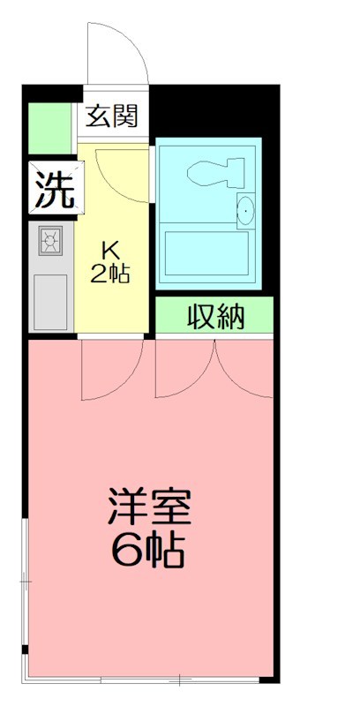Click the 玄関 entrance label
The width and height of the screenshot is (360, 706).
(113, 116)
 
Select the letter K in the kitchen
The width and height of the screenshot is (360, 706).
(111, 252)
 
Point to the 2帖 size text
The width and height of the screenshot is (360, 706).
(111, 274)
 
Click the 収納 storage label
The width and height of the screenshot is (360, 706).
(215, 316)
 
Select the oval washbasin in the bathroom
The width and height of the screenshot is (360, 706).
(246, 210)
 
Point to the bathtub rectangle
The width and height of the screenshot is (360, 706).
(208, 256)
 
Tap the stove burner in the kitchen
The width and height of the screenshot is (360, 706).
(50, 241)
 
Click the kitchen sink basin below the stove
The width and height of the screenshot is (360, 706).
(50, 300)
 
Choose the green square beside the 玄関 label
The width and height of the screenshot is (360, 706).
(48, 129)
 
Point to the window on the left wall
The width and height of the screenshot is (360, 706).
(25, 582)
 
